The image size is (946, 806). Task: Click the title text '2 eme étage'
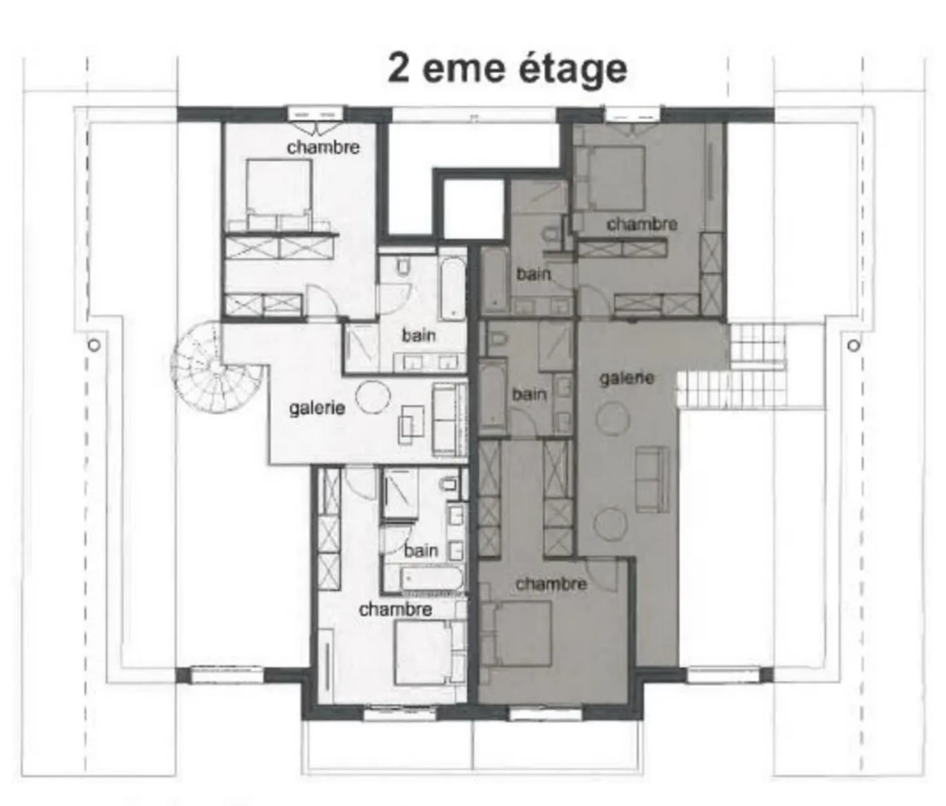click(x=507, y=68)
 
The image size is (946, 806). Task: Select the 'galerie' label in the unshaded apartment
click(x=317, y=408)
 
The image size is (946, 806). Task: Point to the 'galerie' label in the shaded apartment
click(x=626, y=378)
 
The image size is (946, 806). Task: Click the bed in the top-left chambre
click(x=279, y=187)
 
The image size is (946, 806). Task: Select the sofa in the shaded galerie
click(x=652, y=479)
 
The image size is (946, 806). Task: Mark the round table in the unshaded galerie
click(x=373, y=397)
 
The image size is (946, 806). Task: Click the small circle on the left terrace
click(x=94, y=345)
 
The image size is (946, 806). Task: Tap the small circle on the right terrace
click(x=853, y=345)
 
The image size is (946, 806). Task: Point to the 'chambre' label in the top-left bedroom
click(x=323, y=147)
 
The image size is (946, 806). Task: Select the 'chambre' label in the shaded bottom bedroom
click(x=551, y=583)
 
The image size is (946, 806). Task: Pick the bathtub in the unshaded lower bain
click(x=424, y=579)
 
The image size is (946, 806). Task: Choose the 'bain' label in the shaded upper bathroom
click(x=533, y=274)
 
